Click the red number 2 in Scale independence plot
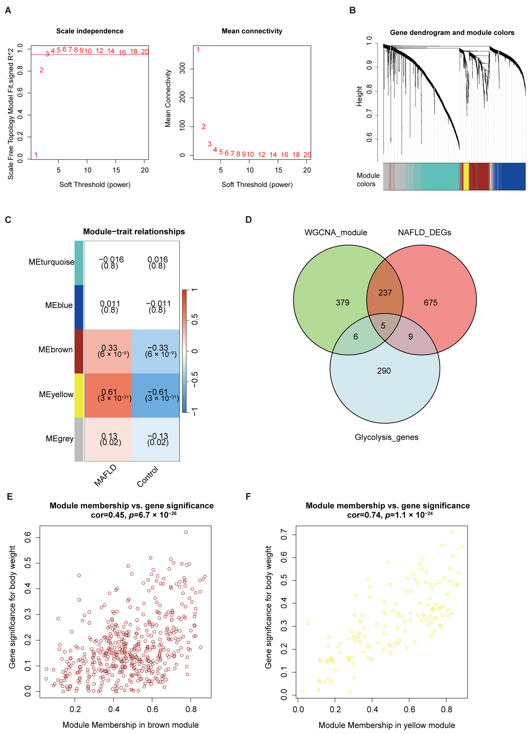(x=41, y=70)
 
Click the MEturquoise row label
(x=51, y=262)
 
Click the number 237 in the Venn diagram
(x=385, y=293)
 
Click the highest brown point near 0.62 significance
(x=186, y=532)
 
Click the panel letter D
(x=248, y=220)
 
